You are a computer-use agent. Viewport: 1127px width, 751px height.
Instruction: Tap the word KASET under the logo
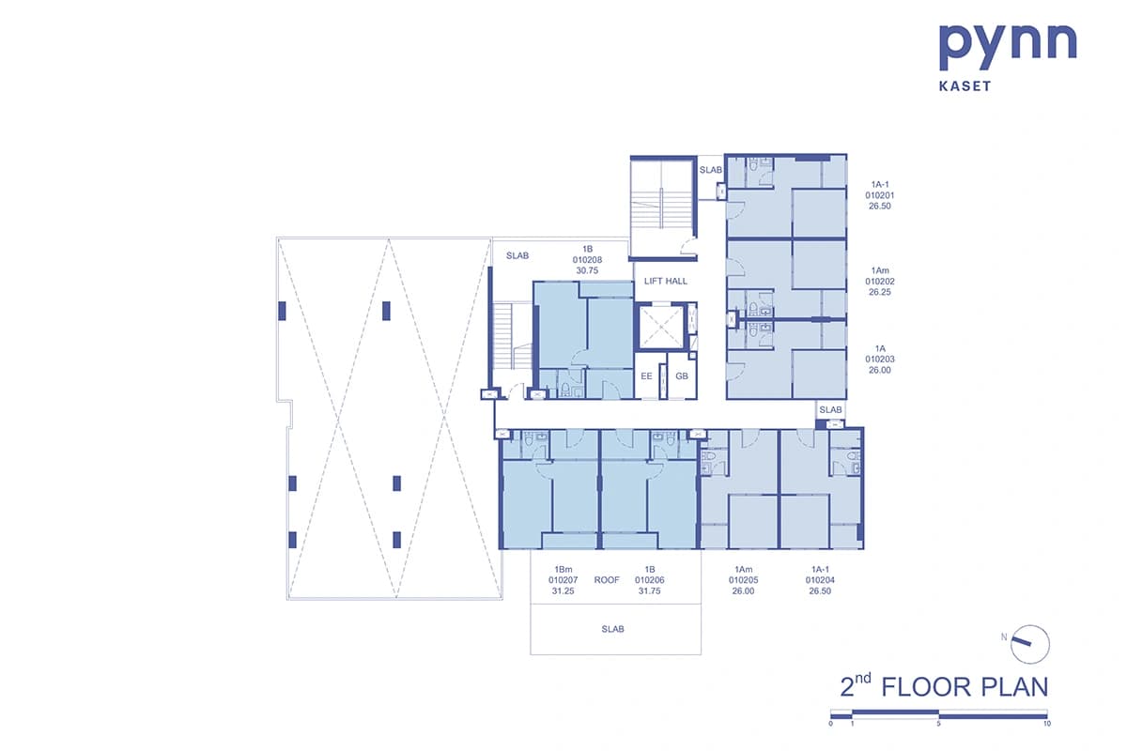pyautogui.click(x=965, y=86)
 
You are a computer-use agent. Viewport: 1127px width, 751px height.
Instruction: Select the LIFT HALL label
pyautogui.click(x=665, y=282)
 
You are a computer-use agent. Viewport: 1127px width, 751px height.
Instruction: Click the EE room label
pyautogui.click(x=646, y=376)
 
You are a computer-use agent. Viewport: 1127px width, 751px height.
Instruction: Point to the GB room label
pyautogui.click(x=682, y=376)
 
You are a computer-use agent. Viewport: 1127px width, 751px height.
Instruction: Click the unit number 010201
pyautogui.click(x=879, y=195)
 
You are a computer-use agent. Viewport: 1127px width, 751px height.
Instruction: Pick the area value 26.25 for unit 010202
pyautogui.click(x=879, y=292)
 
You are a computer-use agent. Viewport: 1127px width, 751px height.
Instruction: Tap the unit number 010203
pyautogui.click(x=879, y=360)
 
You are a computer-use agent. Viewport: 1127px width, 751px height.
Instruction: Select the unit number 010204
pyautogui.click(x=820, y=580)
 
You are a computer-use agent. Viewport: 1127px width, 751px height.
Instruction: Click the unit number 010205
pyautogui.click(x=743, y=580)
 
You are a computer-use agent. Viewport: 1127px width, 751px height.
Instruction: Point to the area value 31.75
pyautogui.click(x=649, y=591)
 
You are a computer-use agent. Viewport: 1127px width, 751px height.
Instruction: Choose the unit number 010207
pyautogui.click(x=563, y=580)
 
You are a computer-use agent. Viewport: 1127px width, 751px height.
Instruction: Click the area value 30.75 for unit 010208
pyautogui.click(x=587, y=270)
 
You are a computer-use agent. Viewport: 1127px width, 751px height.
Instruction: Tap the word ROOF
pyautogui.click(x=607, y=580)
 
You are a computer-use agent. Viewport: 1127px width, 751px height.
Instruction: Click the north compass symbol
pyautogui.click(x=1029, y=644)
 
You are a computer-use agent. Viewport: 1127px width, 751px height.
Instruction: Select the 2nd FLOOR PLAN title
pyautogui.click(x=944, y=686)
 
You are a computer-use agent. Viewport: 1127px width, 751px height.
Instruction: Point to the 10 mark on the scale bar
pyautogui.click(x=1047, y=724)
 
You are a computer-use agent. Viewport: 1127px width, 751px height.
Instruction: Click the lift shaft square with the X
pyautogui.click(x=661, y=327)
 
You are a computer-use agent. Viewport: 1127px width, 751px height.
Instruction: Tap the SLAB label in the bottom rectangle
pyautogui.click(x=612, y=629)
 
